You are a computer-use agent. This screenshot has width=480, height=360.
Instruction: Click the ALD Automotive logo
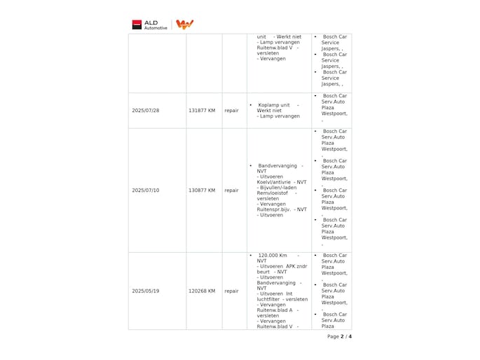pyautogui.click(x=150, y=25)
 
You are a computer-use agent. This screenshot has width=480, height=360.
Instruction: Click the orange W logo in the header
pyautogui.click(x=184, y=25)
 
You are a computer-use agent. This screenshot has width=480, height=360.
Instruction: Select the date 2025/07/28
pyautogui.click(x=146, y=111)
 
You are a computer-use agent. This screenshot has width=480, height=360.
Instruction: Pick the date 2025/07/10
pyautogui.click(x=146, y=190)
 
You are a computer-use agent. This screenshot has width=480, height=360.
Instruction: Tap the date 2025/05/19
pyautogui.click(x=146, y=291)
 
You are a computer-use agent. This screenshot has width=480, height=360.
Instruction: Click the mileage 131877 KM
pyautogui.click(x=202, y=111)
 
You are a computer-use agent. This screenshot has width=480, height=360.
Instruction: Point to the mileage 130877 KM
pyautogui.click(x=202, y=190)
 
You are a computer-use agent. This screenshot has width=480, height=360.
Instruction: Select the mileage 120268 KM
pyautogui.click(x=202, y=291)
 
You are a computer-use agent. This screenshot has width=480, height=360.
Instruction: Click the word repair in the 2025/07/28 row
pyautogui.click(x=231, y=111)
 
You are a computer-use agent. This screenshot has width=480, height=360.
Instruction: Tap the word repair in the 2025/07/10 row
pyautogui.click(x=231, y=190)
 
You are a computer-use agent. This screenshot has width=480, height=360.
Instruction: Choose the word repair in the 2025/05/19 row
pyautogui.click(x=231, y=291)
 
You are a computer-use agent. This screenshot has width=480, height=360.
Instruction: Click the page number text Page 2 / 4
pyautogui.click(x=339, y=336)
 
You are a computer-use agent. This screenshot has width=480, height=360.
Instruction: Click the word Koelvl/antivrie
pyautogui.click(x=274, y=182)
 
